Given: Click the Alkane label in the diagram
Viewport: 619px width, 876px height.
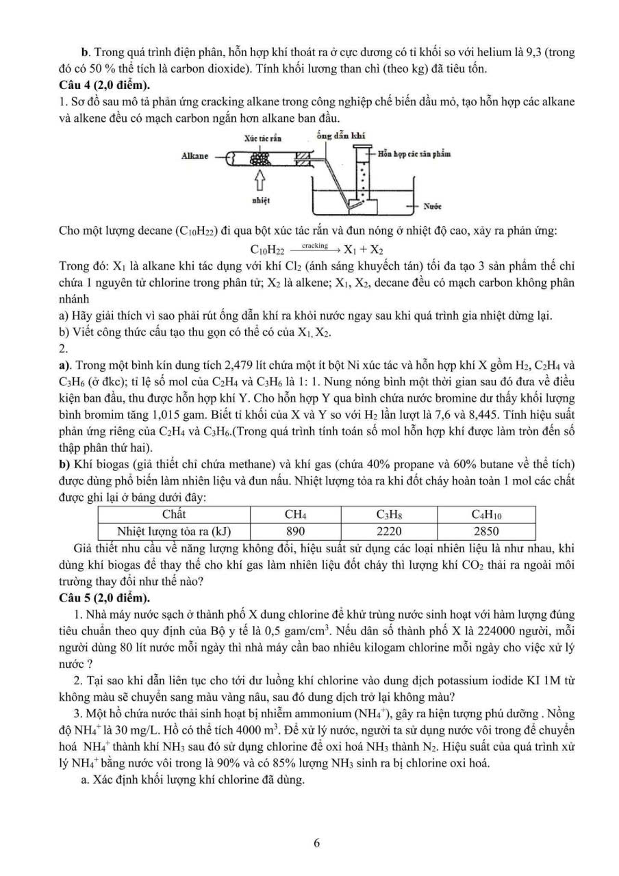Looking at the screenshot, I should [x=195, y=156].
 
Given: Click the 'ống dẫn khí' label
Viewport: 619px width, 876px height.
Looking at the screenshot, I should [x=341, y=136].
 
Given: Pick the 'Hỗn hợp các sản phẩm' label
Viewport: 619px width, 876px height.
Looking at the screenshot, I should [x=414, y=154].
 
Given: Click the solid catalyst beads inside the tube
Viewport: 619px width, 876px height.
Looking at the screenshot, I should [x=261, y=157].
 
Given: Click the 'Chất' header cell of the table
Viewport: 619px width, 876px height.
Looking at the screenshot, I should [x=174, y=514].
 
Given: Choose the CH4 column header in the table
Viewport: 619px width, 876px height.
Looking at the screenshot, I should [x=295, y=514].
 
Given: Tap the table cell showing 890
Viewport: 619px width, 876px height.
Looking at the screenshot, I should [x=295, y=530].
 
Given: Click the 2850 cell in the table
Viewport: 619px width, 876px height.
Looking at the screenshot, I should [x=485, y=530].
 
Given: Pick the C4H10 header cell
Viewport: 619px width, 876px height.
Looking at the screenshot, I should [x=485, y=514].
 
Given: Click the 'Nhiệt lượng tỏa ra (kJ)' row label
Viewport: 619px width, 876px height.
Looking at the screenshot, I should [x=174, y=530].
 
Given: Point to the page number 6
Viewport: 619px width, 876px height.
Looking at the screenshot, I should [x=316, y=843].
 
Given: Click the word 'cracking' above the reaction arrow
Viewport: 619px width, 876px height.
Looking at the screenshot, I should [x=314, y=245].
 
